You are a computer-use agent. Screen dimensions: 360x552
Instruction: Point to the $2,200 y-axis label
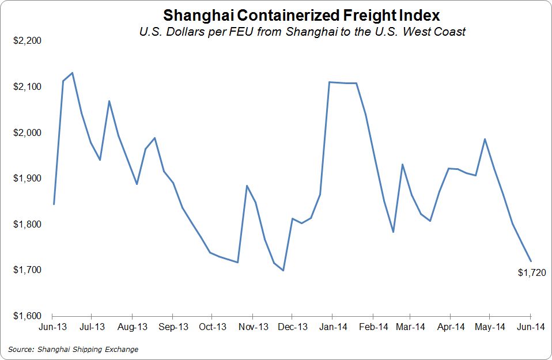click(x=27, y=41)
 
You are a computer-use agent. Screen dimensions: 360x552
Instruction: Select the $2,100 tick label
click(x=27, y=87)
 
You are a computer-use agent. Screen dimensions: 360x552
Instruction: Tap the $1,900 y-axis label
click(x=27, y=179)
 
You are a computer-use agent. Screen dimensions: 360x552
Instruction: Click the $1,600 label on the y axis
click(x=27, y=316)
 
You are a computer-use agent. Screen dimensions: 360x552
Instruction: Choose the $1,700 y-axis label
click(x=27, y=270)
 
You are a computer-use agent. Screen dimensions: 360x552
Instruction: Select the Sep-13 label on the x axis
click(x=173, y=327)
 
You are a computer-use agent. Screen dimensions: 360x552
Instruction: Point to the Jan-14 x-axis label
click(x=333, y=327)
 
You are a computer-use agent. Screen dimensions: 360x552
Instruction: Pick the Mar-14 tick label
click(x=410, y=327)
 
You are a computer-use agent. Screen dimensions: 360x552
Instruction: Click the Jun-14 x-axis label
click(x=530, y=327)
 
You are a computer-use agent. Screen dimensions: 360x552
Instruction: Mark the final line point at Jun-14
click(x=530, y=261)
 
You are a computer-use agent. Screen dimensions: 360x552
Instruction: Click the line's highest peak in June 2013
click(x=72, y=73)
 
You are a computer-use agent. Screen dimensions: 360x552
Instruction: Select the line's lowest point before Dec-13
click(x=283, y=270)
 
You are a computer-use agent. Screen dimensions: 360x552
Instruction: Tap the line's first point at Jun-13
click(x=54, y=204)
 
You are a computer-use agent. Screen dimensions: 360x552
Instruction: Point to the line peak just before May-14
click(x=485, y=139)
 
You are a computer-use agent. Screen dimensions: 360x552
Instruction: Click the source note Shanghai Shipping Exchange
click(x=73, y=349)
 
